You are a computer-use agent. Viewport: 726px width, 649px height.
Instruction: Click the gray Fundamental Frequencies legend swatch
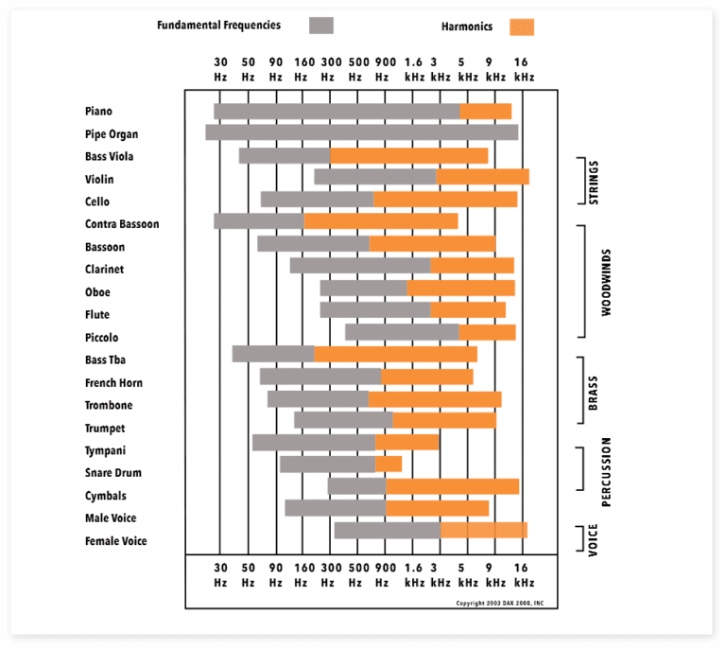[321, 26]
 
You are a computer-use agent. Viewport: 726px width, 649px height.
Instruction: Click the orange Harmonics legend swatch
[521, 26]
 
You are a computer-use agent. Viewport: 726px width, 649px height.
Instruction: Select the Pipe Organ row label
[112, 134]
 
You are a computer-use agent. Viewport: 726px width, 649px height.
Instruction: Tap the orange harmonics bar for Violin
[482, 177]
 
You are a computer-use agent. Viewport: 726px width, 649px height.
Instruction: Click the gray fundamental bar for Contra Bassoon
[258, 221]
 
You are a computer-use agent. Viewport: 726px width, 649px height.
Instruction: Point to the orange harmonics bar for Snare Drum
[389, 465]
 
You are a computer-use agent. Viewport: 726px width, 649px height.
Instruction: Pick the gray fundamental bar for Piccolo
[402, 332]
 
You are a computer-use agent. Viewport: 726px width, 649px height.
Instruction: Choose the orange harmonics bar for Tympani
[406, 442]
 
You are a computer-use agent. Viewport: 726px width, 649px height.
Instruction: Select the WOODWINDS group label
[606, 282]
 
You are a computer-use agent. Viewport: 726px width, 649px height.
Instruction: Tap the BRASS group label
[594, 391]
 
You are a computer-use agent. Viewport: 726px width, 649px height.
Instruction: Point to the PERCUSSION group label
[606, 471]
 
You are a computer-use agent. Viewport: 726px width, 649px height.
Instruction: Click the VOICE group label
[594, 539]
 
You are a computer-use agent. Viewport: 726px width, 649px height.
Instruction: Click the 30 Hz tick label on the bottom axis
[220, 575]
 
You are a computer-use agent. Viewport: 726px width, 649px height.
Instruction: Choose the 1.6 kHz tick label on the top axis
[414, 69]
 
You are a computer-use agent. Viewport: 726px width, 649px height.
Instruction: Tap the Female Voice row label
[115, 541]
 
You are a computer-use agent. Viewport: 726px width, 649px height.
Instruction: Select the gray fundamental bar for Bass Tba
[273, 354]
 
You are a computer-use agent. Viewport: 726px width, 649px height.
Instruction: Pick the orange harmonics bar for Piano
[486, 112]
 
